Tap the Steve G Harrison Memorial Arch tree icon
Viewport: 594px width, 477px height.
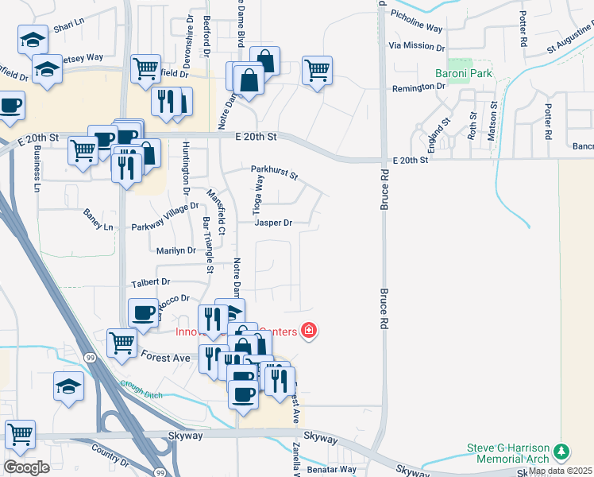point(562,452)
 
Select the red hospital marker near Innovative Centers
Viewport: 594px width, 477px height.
point(308,331)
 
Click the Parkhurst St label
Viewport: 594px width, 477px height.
point(273,170)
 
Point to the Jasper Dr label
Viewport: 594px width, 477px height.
point(273,223)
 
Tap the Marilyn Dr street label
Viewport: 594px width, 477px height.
point(175,250)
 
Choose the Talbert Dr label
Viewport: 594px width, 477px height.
point(150,282)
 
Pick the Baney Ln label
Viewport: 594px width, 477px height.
point(98,220)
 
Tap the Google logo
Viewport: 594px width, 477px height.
point(25,467)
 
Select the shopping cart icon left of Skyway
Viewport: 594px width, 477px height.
point(20,435)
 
